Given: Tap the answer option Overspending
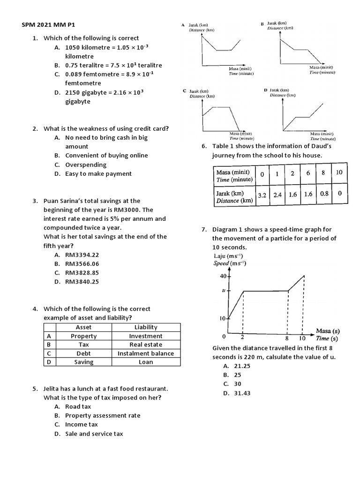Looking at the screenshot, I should [x=86, y=165].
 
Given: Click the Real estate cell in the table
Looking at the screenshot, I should [x=146, y=345].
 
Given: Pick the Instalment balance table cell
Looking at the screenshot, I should [x=146, y=353].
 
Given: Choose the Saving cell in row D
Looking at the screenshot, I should [x=83, y=362].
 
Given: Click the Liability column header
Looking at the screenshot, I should [x=146, y=327].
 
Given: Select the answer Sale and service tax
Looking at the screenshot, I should [x=94, y=434].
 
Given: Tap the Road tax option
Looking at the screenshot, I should [x=78, y=406].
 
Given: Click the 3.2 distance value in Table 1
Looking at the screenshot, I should [x=262, y=195].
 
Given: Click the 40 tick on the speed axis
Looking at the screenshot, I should [x=223, y=276].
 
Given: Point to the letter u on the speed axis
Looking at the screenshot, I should [x=224, y=291].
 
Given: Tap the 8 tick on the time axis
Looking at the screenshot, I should [x=287, y=337].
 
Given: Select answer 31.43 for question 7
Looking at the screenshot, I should [x=242, y=393].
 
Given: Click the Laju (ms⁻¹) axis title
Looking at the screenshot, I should [x=230, y=256].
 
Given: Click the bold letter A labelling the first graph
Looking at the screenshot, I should [x=184, y=24].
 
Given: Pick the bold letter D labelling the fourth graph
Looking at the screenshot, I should [x=265, y=89].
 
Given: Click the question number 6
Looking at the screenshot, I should [x=204, y=146].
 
